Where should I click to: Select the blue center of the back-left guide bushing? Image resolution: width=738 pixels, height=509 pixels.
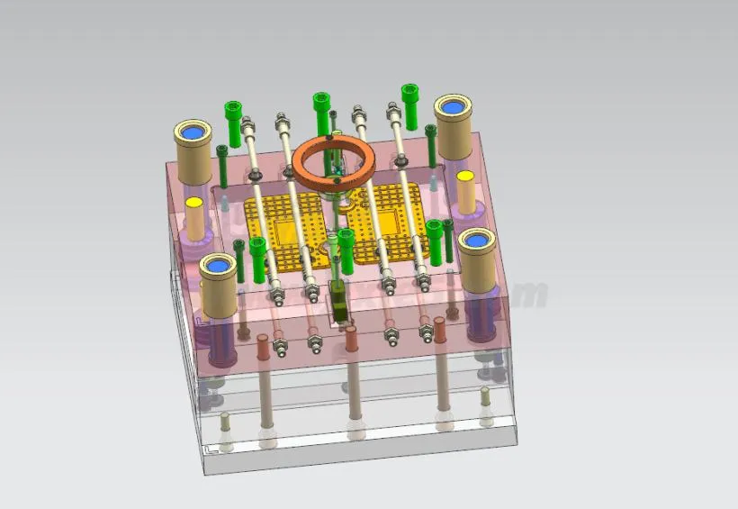point(191,134)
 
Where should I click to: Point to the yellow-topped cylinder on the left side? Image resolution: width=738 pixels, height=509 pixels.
point(194,215)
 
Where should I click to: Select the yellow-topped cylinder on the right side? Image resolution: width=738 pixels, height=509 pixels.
point(465,190)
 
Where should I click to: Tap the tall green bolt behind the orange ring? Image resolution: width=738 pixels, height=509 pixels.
point(321,114)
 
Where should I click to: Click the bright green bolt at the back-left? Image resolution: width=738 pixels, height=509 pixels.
point(233,122)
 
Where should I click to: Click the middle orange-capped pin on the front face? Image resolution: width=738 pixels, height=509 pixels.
point(351,339)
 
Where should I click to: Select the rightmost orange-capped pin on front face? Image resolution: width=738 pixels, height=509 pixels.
point(440,332)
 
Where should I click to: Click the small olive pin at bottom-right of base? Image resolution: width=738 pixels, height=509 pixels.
point(486,396)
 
